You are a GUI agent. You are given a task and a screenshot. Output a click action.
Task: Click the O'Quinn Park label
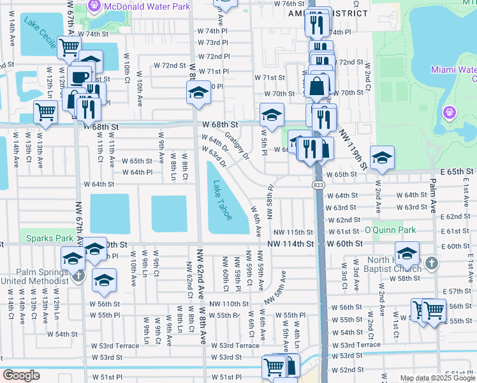[389, 230]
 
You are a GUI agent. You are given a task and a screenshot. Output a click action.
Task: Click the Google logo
[21, 375]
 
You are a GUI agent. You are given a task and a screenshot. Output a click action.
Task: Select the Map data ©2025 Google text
[437, 378]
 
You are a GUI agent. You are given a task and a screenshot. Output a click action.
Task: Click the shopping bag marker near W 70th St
[316, 86]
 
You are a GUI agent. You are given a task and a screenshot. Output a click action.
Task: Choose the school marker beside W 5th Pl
[272, 115]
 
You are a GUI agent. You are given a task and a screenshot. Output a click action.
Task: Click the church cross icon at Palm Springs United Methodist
[78, 276]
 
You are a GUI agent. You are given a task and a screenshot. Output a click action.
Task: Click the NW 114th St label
[290, 244]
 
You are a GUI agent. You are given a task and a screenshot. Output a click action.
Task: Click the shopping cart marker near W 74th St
[69, 47]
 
